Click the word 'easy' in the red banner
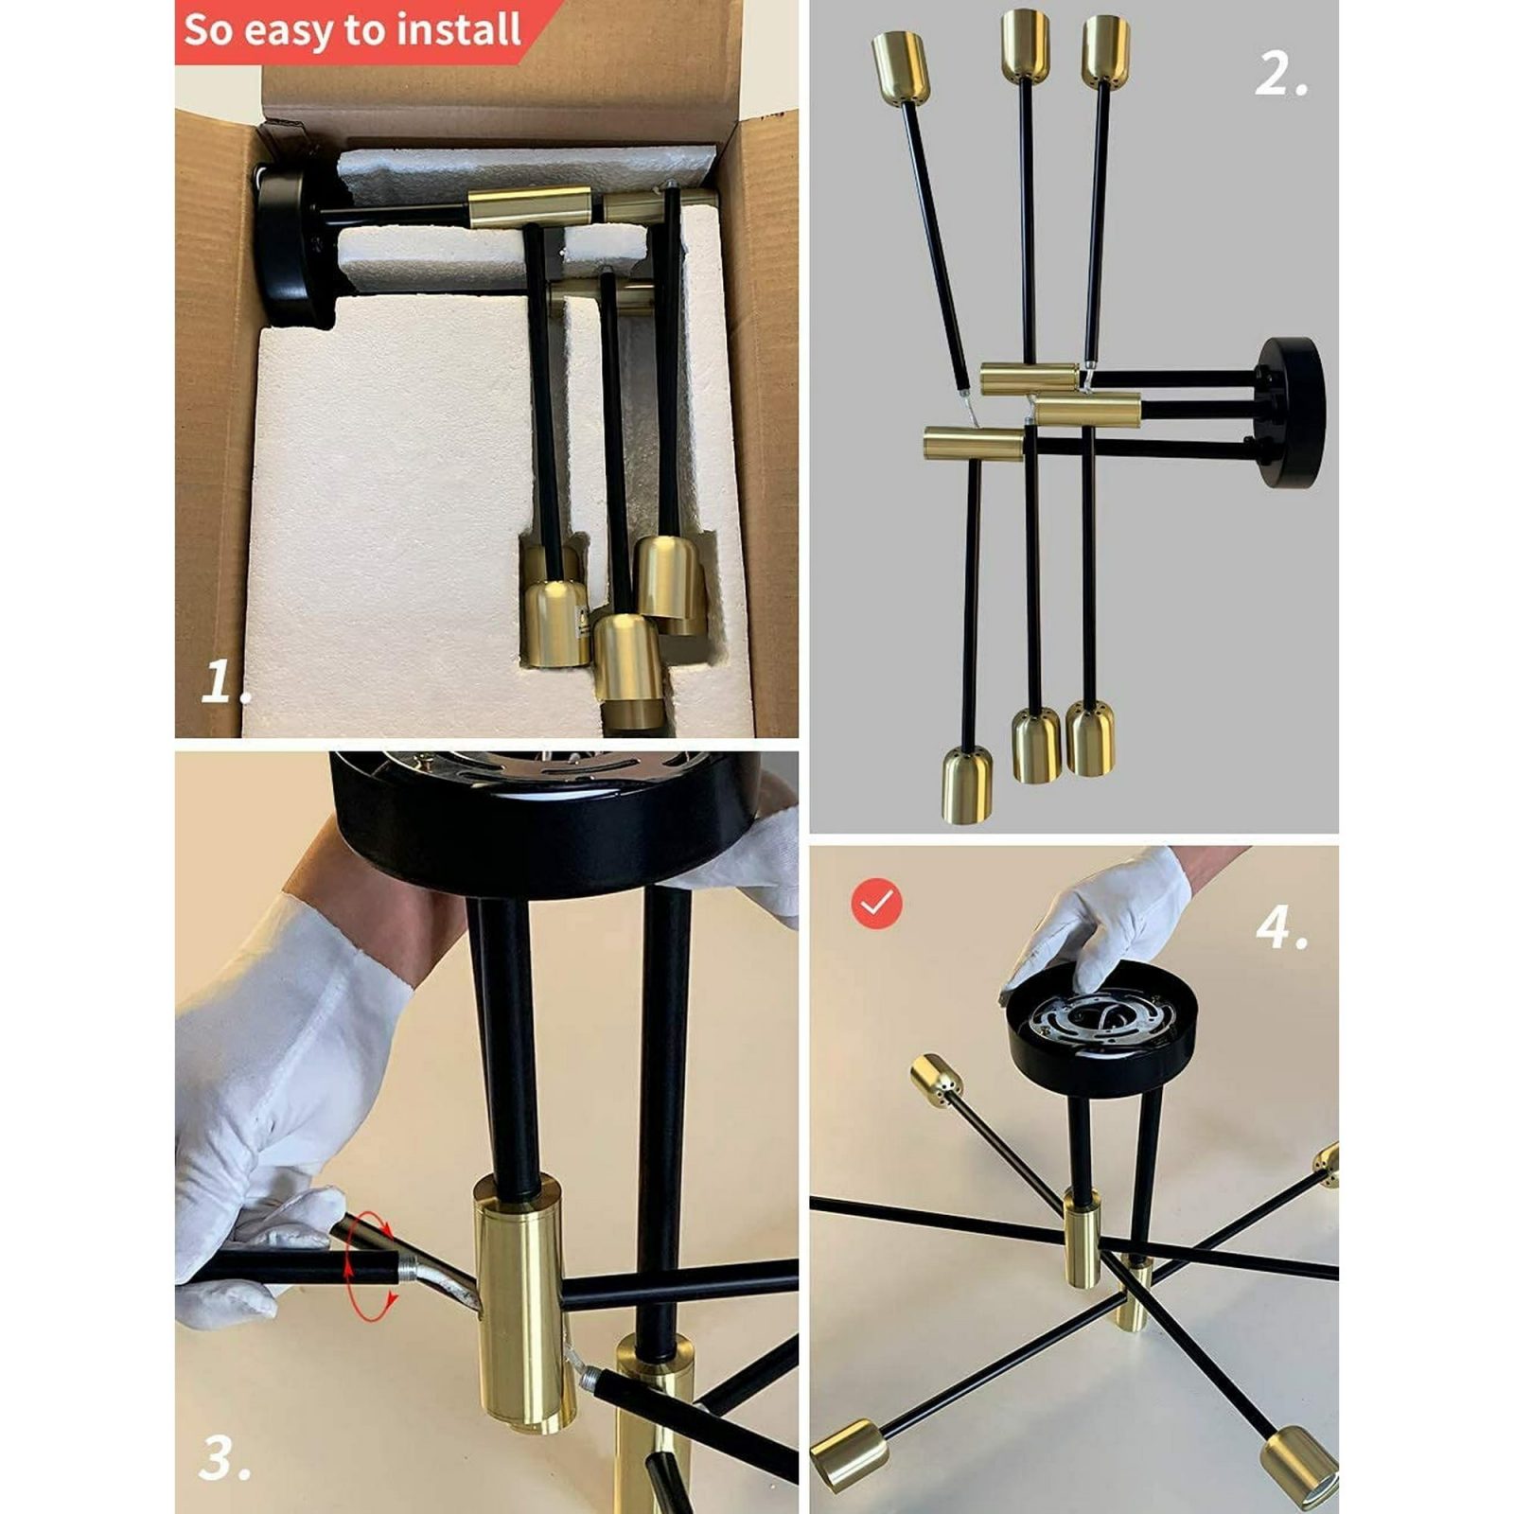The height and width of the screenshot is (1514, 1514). [x=290, y=31]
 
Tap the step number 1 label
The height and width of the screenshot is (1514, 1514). [x=227, y=681]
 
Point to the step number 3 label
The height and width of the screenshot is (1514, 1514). [x=225, y=1458]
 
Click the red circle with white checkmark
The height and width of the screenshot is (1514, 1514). [x=877, y=904]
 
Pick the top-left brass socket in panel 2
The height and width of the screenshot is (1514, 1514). [x=900, y=66]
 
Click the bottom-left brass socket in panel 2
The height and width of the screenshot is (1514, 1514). [x=966, y=784]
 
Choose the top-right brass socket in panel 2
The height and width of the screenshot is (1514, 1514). [x=1105, y=50]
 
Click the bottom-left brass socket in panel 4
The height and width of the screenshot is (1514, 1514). [x=848, y=1454]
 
